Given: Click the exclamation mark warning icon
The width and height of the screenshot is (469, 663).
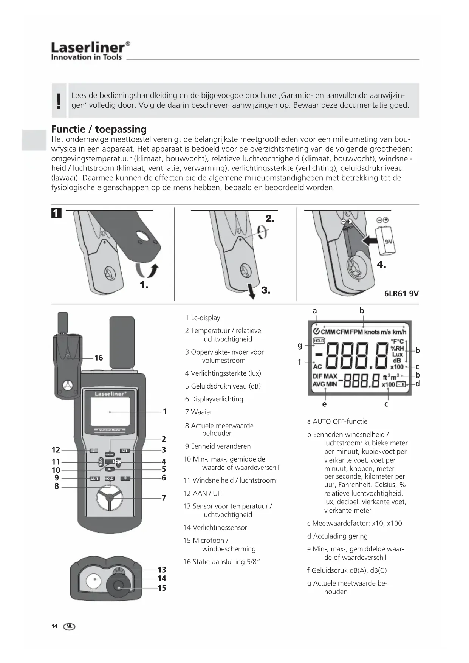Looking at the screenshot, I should point(59,101).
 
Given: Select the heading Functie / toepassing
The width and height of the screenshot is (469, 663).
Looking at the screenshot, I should point(99,129).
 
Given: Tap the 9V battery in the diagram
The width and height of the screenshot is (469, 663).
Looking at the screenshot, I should point(387,241).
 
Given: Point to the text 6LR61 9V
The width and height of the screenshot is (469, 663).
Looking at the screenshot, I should point(401,294).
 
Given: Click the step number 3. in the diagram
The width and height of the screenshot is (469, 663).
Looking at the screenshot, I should point(266,290).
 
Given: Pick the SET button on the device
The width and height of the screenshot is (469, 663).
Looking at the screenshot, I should point(124,451).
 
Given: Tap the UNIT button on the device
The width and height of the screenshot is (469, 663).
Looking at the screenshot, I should point(94,479).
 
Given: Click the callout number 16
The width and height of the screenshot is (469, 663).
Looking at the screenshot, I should point(99,358).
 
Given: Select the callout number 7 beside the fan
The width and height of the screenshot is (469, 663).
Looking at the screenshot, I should point(164,498).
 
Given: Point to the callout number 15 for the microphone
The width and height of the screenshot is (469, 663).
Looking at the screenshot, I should point(162,588).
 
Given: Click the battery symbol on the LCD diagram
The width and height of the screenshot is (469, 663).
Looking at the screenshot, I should point(401,384).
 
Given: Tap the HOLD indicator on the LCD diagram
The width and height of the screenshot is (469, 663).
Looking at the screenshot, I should point(319,341).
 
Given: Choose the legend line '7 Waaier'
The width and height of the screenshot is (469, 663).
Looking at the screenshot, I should point(198,412).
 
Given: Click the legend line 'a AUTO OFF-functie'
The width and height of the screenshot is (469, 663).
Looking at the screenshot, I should point(337,421).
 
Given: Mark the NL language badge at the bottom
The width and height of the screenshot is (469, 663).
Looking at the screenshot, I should point(69,626).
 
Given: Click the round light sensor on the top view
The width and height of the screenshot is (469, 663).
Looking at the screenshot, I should point(93,581).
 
